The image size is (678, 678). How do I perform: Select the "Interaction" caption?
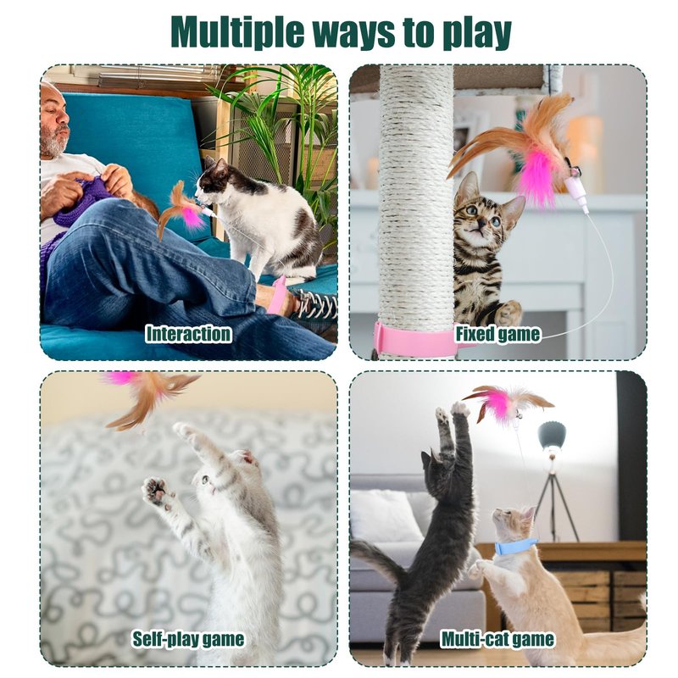[x=188, y=334]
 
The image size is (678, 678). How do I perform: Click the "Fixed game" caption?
[x=497, y=334]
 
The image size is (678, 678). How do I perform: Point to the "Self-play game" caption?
[x=188, y=639]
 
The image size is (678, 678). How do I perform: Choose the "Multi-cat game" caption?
[x=497, y=639]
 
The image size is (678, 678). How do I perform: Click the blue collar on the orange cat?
[x=515, y=546]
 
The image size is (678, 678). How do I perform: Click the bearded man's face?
[x=55, y=123]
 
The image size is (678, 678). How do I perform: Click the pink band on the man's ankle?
[x=277, y=294]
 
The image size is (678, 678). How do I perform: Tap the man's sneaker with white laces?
[x=315, y=304]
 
